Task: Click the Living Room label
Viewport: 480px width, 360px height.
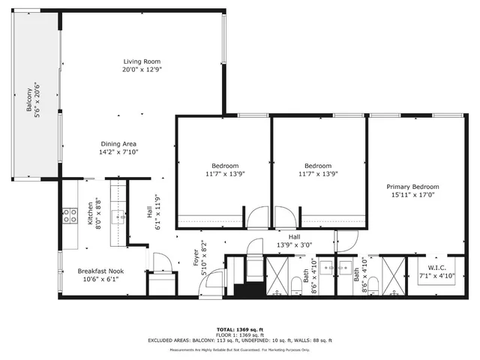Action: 142,61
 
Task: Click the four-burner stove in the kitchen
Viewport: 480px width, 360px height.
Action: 69,216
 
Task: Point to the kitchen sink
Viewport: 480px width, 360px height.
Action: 117,217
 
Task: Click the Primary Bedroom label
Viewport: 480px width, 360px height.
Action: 412,187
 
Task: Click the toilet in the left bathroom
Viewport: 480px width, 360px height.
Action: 295,283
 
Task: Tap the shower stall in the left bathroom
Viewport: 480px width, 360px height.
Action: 278,274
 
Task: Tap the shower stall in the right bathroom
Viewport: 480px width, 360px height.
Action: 393,274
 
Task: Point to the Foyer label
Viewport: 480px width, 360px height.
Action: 196,258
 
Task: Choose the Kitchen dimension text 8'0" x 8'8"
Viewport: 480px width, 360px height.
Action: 98,213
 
